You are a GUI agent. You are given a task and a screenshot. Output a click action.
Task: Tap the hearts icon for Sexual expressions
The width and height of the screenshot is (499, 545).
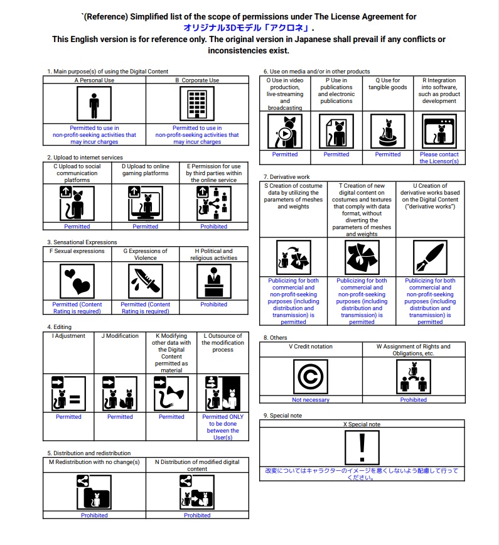click(77, 281)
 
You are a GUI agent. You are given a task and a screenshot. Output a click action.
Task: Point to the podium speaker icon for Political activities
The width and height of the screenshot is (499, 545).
click(214, 281)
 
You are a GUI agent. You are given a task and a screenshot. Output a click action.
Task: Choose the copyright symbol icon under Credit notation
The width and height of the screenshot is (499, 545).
click(311, 377)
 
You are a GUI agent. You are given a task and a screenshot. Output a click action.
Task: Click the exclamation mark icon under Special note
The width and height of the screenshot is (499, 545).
click(362, 448)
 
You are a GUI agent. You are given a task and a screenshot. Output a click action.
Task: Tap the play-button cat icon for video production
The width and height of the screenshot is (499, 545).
click(285, 131)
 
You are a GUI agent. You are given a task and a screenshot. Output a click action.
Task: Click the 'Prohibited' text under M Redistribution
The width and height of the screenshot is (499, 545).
click(94, 515)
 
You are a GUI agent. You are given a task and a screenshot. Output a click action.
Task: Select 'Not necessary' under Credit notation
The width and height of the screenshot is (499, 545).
click(311, 400)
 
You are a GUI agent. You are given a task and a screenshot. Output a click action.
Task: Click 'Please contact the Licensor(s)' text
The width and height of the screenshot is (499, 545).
click(439, 158)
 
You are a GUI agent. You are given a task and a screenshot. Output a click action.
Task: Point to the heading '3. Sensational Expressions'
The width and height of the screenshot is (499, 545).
click(82, 242)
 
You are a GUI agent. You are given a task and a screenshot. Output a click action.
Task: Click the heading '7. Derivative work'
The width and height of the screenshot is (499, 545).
click(287, 177)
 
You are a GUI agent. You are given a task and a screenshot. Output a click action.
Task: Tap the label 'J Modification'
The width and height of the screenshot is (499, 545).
click(120, 336)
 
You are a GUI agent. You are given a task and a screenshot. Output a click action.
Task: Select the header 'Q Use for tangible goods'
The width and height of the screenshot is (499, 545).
click(388, 84)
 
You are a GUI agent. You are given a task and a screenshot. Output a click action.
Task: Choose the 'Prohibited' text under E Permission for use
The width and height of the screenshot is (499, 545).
click(214, 226)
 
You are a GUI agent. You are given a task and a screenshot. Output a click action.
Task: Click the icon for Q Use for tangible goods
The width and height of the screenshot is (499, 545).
click(388, 131)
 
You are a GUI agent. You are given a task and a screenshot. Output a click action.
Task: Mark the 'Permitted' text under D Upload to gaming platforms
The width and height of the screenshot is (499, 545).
click(146, 226)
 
